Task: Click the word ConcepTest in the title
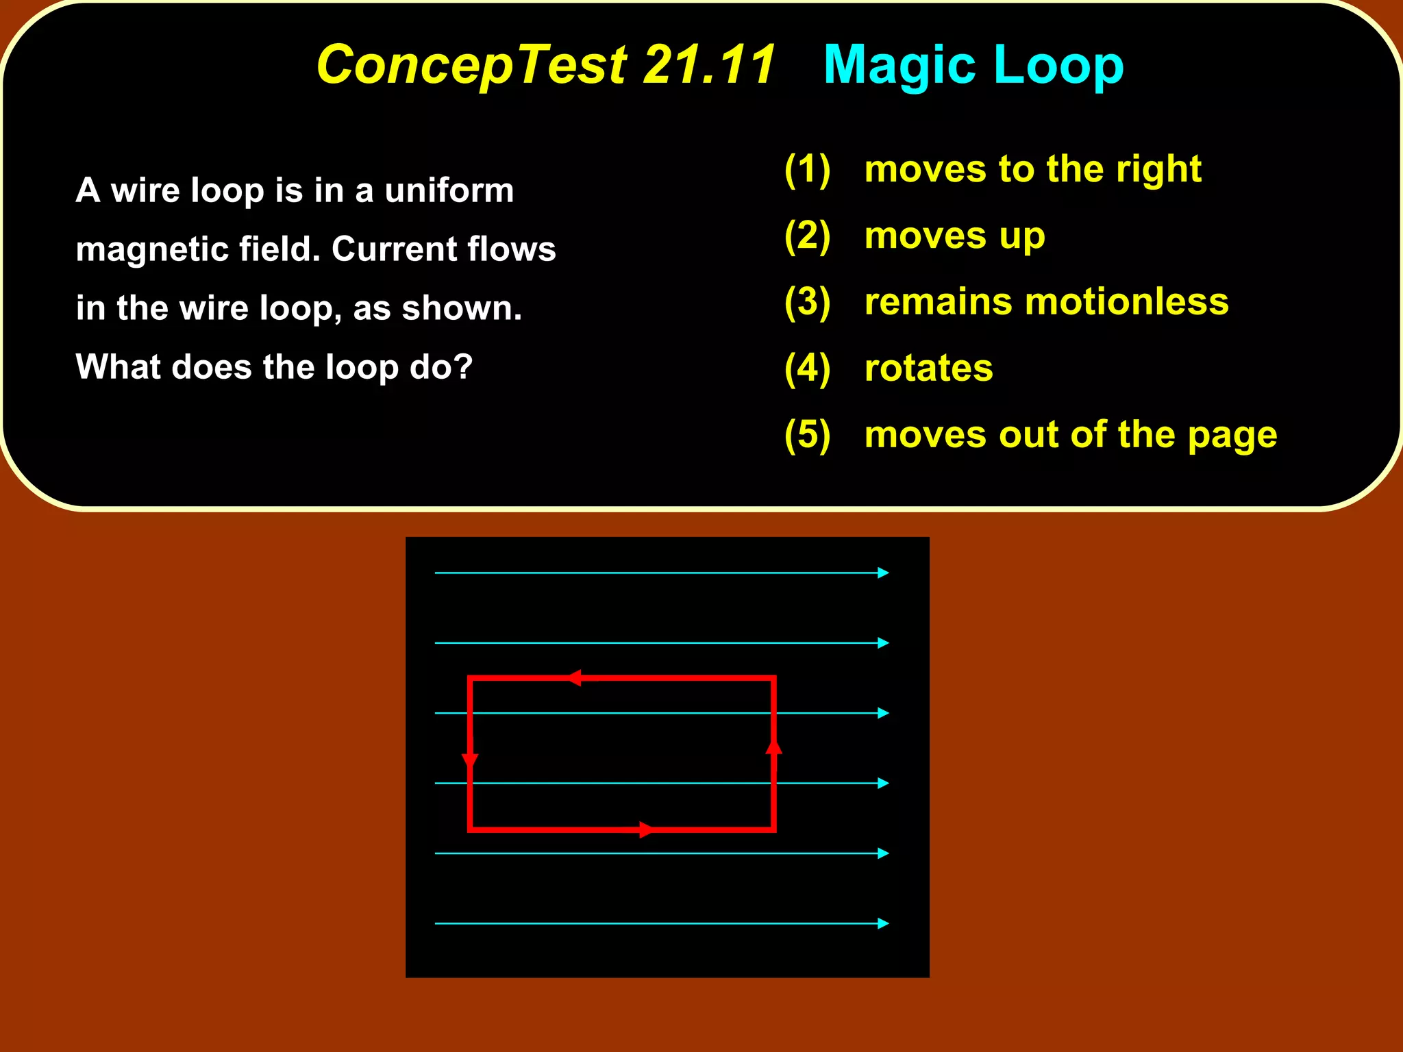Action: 471,65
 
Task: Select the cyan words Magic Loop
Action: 973,65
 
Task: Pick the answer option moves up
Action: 954,236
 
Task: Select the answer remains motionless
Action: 1046,302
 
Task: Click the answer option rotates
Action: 928,368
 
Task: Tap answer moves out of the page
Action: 1070,435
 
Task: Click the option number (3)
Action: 807,302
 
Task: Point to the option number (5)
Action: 807,435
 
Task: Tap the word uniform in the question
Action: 449,190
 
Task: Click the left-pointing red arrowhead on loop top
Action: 575,678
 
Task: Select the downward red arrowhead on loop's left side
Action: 470,761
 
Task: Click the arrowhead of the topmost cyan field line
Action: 884,573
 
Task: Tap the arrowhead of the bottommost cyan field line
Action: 884,923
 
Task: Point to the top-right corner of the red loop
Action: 773,679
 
